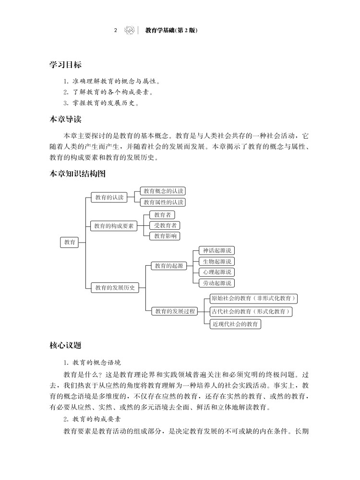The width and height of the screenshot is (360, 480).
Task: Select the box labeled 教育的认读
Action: click(109, 198)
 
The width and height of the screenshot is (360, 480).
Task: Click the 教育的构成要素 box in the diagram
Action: click(114, 225)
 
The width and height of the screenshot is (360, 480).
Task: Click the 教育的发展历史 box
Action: click(114, 288)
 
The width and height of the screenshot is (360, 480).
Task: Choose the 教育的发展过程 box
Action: click(174, 311)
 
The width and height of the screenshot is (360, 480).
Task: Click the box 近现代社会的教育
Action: click(236, 324)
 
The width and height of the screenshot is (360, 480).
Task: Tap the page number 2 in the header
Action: click(116, 30)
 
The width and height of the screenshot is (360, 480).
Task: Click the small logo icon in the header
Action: click(129, 30)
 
